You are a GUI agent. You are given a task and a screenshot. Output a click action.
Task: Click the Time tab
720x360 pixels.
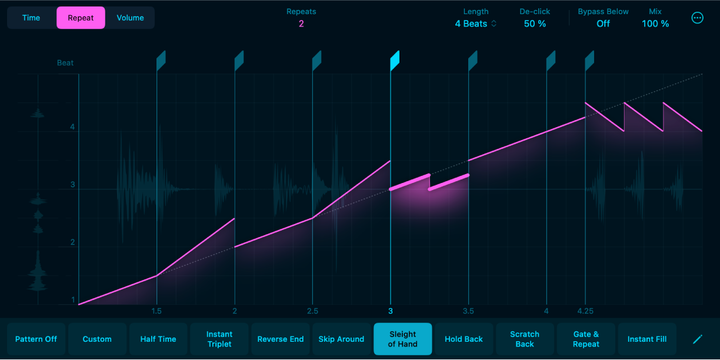(x=31, y=18)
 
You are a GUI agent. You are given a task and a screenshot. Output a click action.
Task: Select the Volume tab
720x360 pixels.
(x=130, y=18)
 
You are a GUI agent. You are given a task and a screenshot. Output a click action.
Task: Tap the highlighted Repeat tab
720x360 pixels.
(x=81, y=18)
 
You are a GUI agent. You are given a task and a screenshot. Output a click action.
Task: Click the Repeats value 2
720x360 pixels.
(x=301, y=24)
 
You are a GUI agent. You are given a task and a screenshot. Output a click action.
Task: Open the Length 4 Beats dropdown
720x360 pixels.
(x=476, y=24)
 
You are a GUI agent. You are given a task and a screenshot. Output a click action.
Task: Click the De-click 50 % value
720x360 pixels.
(x=535, y=24)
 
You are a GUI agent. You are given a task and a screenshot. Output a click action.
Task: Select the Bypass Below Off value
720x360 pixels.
(x=603, y=24)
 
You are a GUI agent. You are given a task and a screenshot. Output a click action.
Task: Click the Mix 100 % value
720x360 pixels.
(x=655, y=24)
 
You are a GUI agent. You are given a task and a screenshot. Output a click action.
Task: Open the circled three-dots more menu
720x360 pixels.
(x=697, y=18)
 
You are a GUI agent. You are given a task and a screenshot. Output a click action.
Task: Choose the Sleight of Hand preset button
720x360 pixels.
(x=403, y=339)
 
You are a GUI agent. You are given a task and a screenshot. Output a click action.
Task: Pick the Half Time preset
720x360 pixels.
(x=158, y=339)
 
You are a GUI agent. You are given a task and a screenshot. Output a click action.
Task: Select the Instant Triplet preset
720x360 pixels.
(x=219, y=339)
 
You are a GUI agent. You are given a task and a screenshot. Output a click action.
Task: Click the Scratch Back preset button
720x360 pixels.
(x=525, y=339)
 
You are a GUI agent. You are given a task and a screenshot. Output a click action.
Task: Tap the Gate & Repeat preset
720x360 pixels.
(x=586, y=339)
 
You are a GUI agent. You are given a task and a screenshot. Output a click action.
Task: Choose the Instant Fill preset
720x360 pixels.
(x=647, y=339)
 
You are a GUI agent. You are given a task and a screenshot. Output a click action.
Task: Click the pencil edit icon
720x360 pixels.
(x=698, y=339)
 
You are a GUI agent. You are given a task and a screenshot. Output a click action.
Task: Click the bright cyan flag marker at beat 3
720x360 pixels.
(x=395, y=60)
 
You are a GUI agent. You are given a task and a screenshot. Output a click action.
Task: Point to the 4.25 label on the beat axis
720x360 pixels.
(x=585, y=311)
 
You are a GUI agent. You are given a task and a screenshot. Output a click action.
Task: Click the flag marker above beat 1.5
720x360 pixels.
(x=161, y=60)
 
